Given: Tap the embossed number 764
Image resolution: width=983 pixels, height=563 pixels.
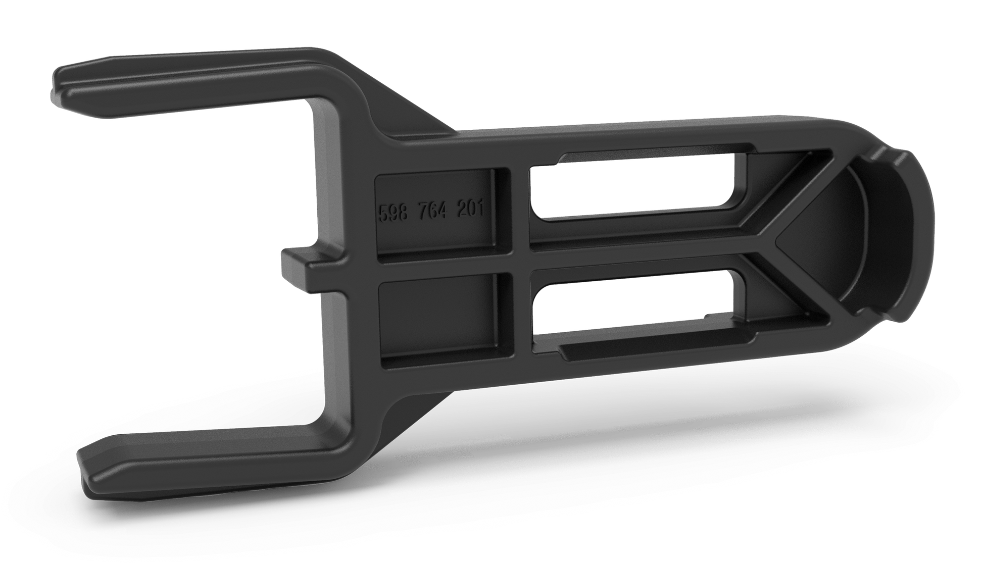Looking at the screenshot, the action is click(432, 209).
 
